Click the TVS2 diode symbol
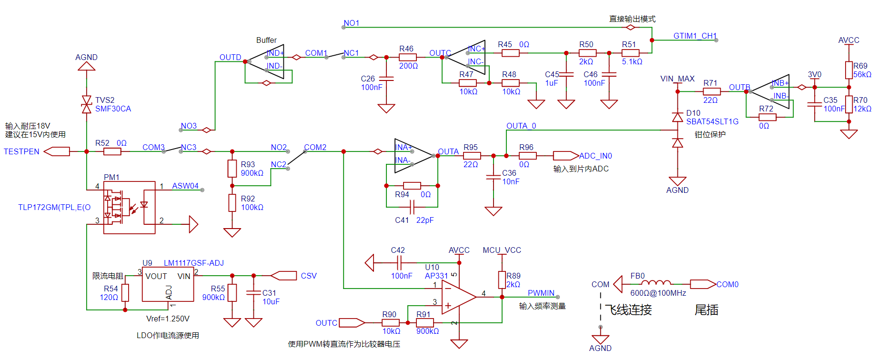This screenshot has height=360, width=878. [86, 104]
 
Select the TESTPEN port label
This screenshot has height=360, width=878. [21, 151]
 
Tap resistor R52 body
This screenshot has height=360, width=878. [112, 151]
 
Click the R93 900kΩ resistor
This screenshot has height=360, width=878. [232, 169]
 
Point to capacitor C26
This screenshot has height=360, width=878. [386, 79]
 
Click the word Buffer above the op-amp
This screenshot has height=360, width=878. [266, 40]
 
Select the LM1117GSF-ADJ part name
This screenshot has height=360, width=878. [193, 263]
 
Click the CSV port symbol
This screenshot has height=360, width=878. [284, 275]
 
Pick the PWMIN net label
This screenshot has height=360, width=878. [541, 293]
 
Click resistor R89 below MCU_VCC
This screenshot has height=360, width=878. [502, 280]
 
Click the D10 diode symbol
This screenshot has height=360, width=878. [677, 117]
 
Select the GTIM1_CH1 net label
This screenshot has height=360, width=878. [695, 36]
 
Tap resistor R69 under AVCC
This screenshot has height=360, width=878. [848, 70]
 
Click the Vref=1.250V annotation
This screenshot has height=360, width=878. [168, 319]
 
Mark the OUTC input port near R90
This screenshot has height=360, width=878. [352, 323]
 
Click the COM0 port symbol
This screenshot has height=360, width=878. [702, 284]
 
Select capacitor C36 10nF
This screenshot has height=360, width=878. [493, 177]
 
